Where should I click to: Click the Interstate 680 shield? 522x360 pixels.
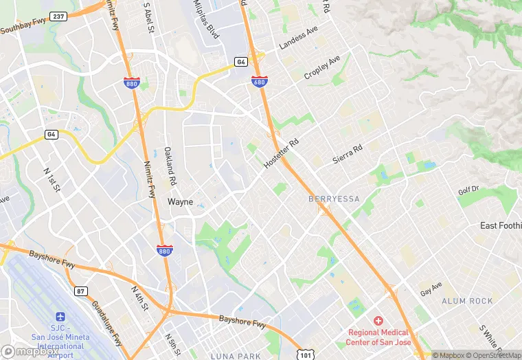pos(260,82)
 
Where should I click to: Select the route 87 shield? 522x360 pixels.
pos(82,291)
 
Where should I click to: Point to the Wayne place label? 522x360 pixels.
pos(181,202)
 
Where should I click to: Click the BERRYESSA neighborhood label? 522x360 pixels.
pos(334,199)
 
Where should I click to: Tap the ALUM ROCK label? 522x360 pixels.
pos(467,301)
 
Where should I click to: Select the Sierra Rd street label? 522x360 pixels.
pos(347,153)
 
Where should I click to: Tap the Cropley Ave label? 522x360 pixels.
pos(322,67)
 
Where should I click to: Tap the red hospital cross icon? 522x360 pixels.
pos(377,321)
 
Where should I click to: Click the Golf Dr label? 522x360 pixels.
pos(468,190)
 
